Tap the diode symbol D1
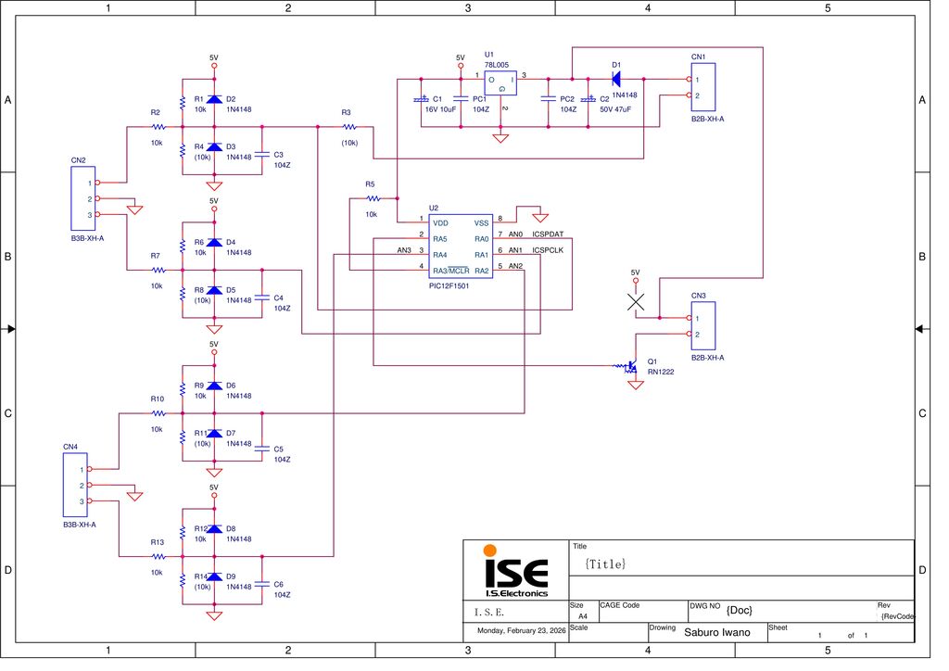pos(615,79)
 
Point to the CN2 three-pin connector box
pos(82,199)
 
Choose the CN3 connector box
pos(703,326)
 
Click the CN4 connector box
pos(74,485)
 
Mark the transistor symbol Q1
pos(632,367)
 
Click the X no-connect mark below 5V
pos(635,302)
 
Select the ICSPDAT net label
pos(548,234)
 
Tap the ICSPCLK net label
pos(548,250)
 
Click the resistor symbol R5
pos(372,198)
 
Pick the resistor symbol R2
pos(158,126)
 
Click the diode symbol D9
pos(214,576)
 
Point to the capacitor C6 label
pos(279,584)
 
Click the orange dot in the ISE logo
pos(489,551)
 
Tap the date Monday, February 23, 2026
pos(521,631)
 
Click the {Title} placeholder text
pos(606,563)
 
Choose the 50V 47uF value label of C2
pos(615,109)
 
